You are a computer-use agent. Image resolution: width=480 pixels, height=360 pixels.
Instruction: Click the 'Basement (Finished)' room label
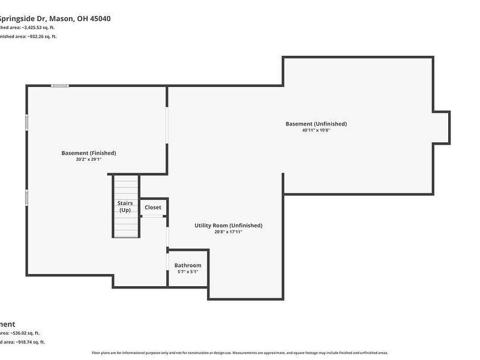pos(89,153)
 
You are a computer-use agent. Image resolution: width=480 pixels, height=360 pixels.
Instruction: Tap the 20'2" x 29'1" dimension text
pos(89,160)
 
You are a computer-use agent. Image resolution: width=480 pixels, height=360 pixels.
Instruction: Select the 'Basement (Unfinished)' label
pos(316,124)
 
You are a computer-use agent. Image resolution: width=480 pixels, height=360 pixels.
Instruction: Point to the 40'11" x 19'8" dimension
pos(316,130)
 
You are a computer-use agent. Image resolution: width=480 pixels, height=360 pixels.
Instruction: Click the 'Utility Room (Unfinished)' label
pos(229,226)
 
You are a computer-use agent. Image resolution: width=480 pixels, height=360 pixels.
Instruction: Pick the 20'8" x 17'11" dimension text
pos(229,232)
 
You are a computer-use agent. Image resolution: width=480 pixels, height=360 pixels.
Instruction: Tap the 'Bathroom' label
pos(188,265)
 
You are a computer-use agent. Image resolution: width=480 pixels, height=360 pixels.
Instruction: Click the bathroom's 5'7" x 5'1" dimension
pos(188,272)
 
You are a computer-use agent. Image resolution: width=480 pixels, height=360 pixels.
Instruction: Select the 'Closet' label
pos(153,208)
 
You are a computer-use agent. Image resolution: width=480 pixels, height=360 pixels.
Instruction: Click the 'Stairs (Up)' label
pos(125,206)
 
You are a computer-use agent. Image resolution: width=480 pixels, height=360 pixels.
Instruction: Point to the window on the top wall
pos(59,86)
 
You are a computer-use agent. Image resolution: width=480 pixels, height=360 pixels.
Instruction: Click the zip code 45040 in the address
pos(98,19)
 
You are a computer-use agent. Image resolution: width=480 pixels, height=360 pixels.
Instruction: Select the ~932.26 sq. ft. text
pos(40,37)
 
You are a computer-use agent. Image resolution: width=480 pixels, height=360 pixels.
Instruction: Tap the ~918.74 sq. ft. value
pos(28,342)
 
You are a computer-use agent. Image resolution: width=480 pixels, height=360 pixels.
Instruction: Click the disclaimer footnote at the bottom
pos(240,353)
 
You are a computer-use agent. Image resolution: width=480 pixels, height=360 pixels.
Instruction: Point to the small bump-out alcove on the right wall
pos(442,127)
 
